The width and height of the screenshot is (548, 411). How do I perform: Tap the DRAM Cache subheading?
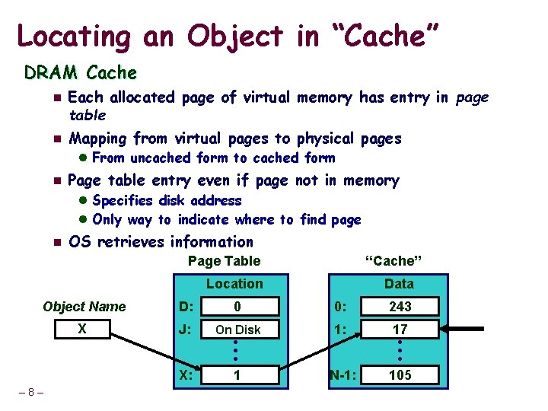[x=81, y=73]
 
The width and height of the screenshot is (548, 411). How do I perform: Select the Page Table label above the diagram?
[x=224, y=261]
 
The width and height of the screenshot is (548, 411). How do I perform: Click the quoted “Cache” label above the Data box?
[x=393, y=261]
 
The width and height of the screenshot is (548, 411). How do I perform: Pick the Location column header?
[x=234, y=284]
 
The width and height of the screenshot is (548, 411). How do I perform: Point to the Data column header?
[x=399, y=284]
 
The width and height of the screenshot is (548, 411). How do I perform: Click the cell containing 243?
[x=400, y=307]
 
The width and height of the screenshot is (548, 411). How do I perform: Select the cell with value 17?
[x=400, y=330]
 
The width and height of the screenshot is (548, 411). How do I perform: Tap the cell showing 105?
[x=400, y=375]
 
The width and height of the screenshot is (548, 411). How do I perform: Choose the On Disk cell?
[x=237, y=330]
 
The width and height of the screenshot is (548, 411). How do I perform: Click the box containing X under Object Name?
[x=84, y=330]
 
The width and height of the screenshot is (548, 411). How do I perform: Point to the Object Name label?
[x=84, y=307]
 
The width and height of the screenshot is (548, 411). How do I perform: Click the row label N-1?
[x=344, y=375]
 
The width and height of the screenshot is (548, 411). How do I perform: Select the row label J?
[x=185, y=330]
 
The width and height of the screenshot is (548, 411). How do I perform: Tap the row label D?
[x=185, y=307]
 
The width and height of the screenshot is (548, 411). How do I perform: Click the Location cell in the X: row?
[x=237, y=375]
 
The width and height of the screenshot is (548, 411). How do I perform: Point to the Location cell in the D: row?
[x=237, y=307]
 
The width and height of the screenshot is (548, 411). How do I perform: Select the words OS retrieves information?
[x=161, y=242]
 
